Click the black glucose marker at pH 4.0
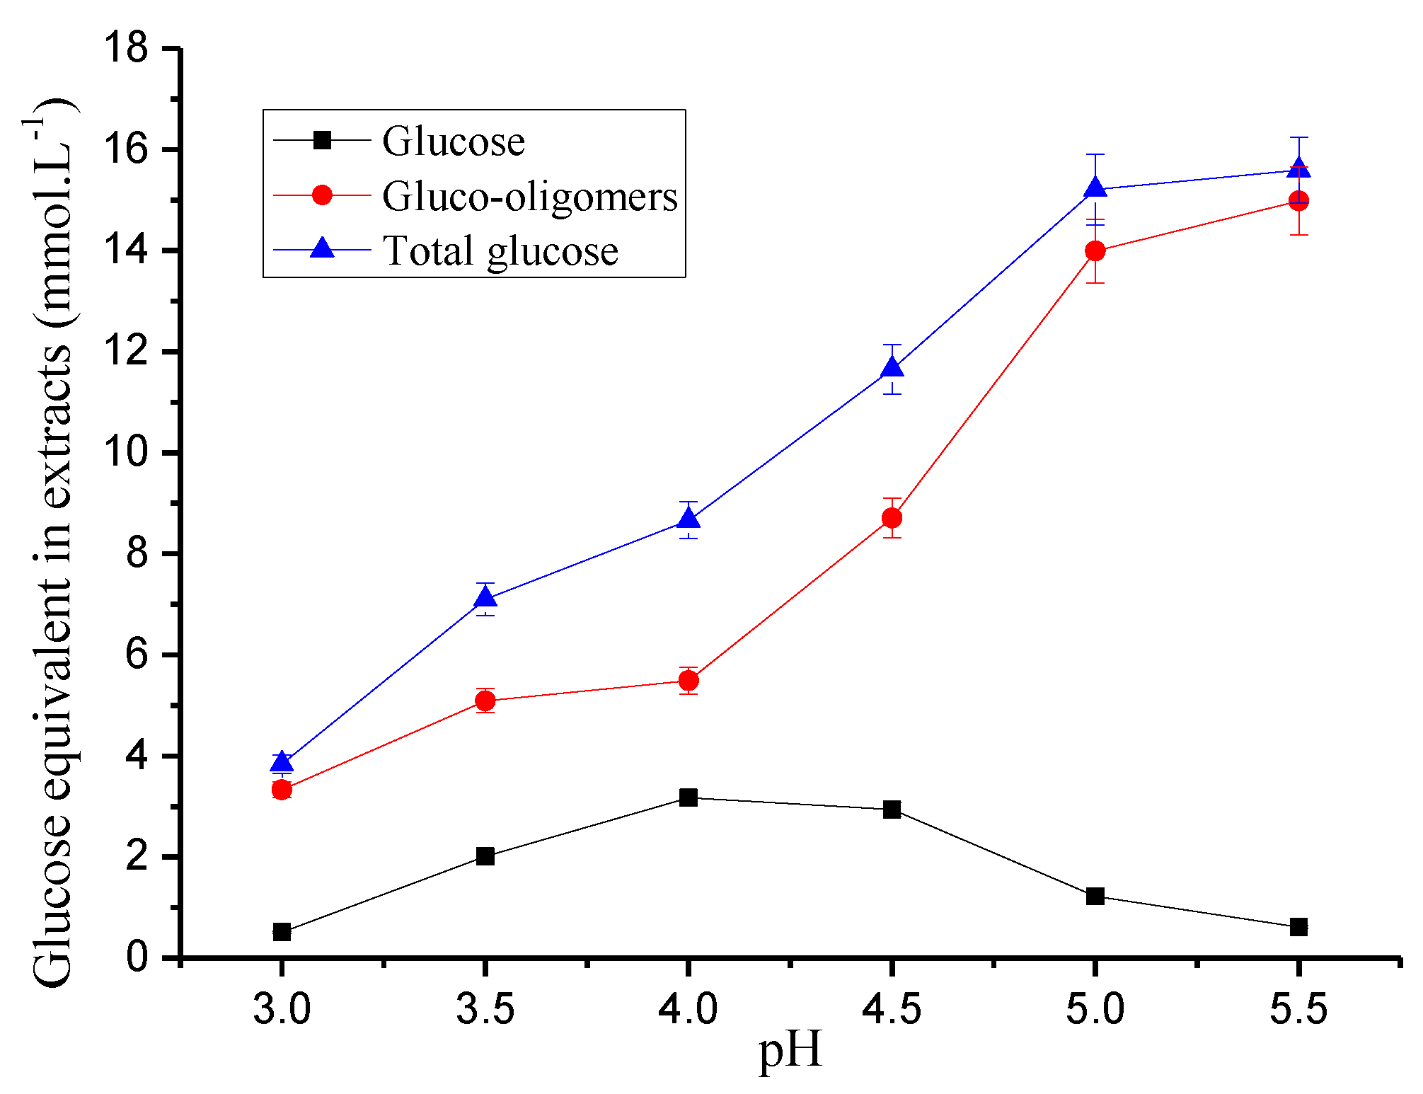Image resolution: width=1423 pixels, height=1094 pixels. point(688,798)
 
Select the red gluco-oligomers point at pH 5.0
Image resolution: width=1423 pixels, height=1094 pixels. point(1095,251)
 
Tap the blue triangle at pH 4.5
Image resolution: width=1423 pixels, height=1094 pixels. point(892,368)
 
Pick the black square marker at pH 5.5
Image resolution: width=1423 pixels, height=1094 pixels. point(1298,927)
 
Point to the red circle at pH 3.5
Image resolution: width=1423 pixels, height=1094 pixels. point(485,701)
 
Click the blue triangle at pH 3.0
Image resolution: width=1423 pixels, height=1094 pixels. point(282,762)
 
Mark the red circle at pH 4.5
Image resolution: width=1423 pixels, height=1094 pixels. point(892,518)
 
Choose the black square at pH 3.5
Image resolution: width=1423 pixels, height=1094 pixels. point(485,856)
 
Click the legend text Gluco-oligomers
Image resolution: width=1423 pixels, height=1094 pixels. point(529,196)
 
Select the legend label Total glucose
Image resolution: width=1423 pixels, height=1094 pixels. point(500,251)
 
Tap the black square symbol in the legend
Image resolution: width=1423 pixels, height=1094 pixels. point(322,140)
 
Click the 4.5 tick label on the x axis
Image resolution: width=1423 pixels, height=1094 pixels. point(892,1008)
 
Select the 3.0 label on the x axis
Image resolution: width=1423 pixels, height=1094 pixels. point(282,1008)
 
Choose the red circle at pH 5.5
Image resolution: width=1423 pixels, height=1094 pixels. point(1298,201)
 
